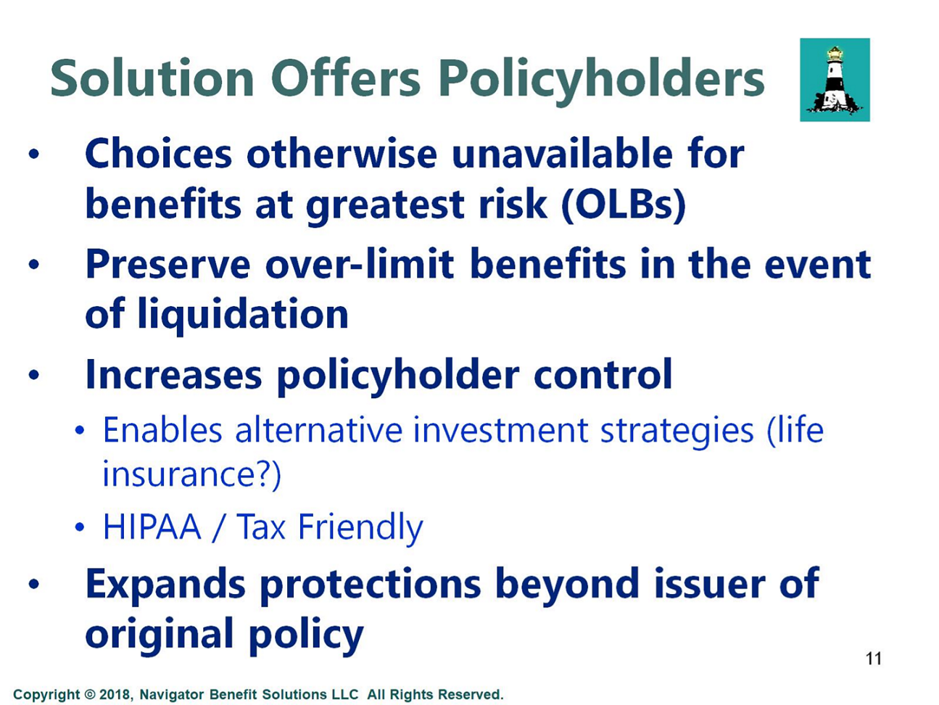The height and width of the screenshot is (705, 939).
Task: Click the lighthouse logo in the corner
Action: point(835,80)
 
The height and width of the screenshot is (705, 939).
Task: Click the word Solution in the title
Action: point(152,79)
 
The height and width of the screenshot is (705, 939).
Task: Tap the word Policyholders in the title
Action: point(602,82)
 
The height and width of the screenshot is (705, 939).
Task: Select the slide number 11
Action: point(874,659)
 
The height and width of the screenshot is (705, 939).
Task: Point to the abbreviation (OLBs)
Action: point(624,205)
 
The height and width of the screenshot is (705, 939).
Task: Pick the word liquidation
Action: point(243,316)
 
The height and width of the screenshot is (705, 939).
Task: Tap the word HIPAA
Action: point(152,527)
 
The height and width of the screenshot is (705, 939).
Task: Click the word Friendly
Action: point(360,529)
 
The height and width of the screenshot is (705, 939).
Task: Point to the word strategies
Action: point(677,432)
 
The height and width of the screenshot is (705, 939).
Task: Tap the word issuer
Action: point(710,583)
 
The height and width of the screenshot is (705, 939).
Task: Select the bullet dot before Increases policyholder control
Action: point(34,375)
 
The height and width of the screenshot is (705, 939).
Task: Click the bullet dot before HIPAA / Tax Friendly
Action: point(79,527)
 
